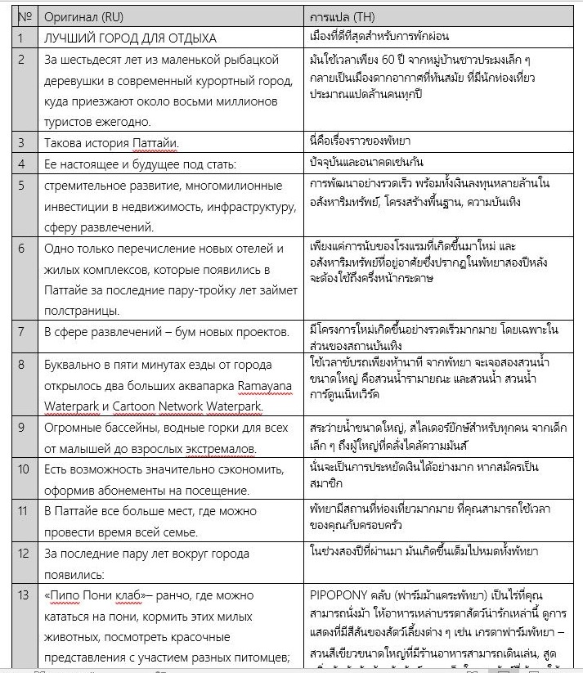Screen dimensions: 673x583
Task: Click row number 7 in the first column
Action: pyautogui.click(x=21, y=333)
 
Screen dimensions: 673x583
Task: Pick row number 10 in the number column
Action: pyautogui.click(x=25, y=469)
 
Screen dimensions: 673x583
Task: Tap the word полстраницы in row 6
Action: pyautogui.click(x=81, y=310)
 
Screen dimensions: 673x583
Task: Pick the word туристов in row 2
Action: pyautogui.click(x=70, y=122)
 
